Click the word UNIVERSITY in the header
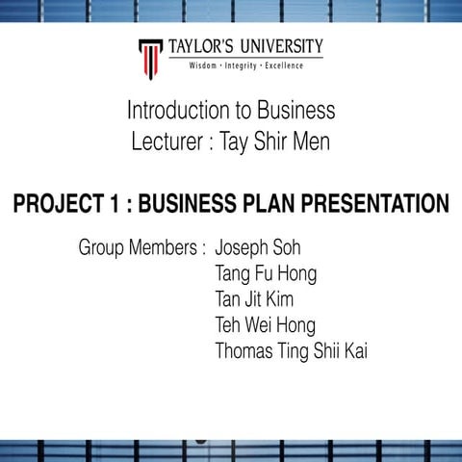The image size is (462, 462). point(278,47)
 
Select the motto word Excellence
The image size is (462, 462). point(279,65)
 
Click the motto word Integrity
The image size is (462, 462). point(240,65)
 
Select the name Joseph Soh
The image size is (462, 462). point(258,247)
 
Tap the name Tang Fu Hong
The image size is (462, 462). point(266,273)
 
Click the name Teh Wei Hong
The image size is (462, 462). point(265,325)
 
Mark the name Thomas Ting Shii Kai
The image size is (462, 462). point(291,351)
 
